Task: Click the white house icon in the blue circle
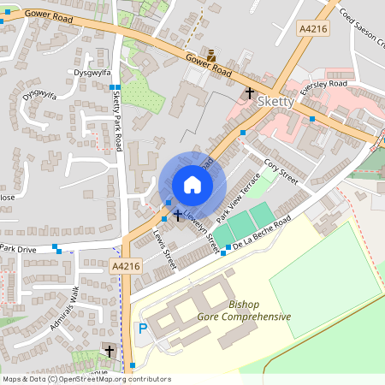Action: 192,185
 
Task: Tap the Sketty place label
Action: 275,101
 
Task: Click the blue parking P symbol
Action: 143,329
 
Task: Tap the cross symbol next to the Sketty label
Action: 251,92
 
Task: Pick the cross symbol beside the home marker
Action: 178,215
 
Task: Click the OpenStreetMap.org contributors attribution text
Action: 116,378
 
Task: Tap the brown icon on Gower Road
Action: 211,54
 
